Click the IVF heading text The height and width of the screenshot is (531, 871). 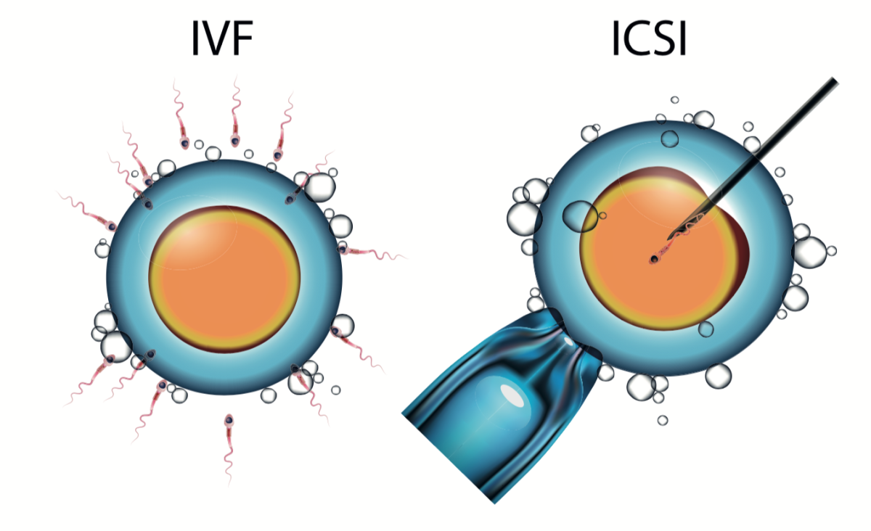(x=223, y=38)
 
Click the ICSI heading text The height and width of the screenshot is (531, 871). (x=650, y=38)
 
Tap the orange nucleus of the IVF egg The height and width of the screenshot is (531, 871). (x=224, y=279)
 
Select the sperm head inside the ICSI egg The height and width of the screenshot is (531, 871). (x=655, y=259)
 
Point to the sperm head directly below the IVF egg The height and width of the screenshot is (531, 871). (x=229, y=421)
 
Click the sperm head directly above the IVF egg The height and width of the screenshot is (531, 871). (x=235, y=140)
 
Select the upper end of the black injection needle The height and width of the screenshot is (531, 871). (x=834, y=81)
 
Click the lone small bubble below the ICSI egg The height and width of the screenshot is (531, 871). (x=663, y=420)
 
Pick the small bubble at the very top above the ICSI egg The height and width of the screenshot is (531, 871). (x=674, y=100)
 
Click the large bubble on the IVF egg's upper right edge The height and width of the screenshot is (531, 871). (x=319, y=187)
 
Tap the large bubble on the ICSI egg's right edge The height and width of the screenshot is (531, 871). (x=809, y=252)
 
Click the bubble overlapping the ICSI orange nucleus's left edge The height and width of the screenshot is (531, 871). (x=581, y=216)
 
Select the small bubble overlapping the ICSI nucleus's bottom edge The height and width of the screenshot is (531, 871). (x=706, y=329)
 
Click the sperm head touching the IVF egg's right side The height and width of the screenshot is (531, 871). (x=342, y=248)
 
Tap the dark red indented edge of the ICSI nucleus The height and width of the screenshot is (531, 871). (x=741, y=249)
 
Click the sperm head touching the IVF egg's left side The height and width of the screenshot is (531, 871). (x=112, y=226)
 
